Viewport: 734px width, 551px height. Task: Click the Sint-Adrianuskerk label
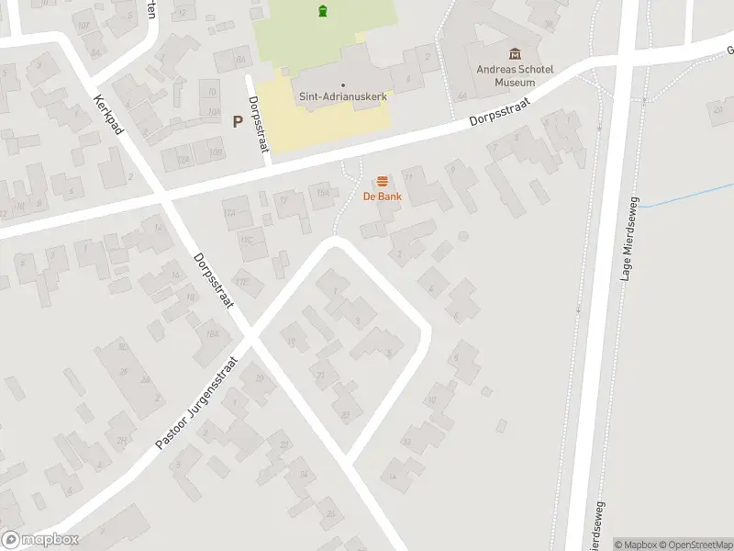tap(342, 96)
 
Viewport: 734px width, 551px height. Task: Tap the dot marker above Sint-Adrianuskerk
tap(342, 84)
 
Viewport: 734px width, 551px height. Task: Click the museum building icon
tap(514, 53)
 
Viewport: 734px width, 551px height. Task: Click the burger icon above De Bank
tap(382, 181)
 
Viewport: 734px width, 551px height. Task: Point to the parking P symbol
tap(238, 120)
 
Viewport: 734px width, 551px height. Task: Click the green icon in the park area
tap(322, 11)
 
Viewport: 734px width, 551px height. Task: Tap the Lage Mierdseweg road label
tap(629, 241)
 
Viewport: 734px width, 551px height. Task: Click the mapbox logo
tap(39, 540)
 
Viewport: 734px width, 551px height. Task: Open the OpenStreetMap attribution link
tap(694, 544)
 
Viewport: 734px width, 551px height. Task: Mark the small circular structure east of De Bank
tap(463, 237)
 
